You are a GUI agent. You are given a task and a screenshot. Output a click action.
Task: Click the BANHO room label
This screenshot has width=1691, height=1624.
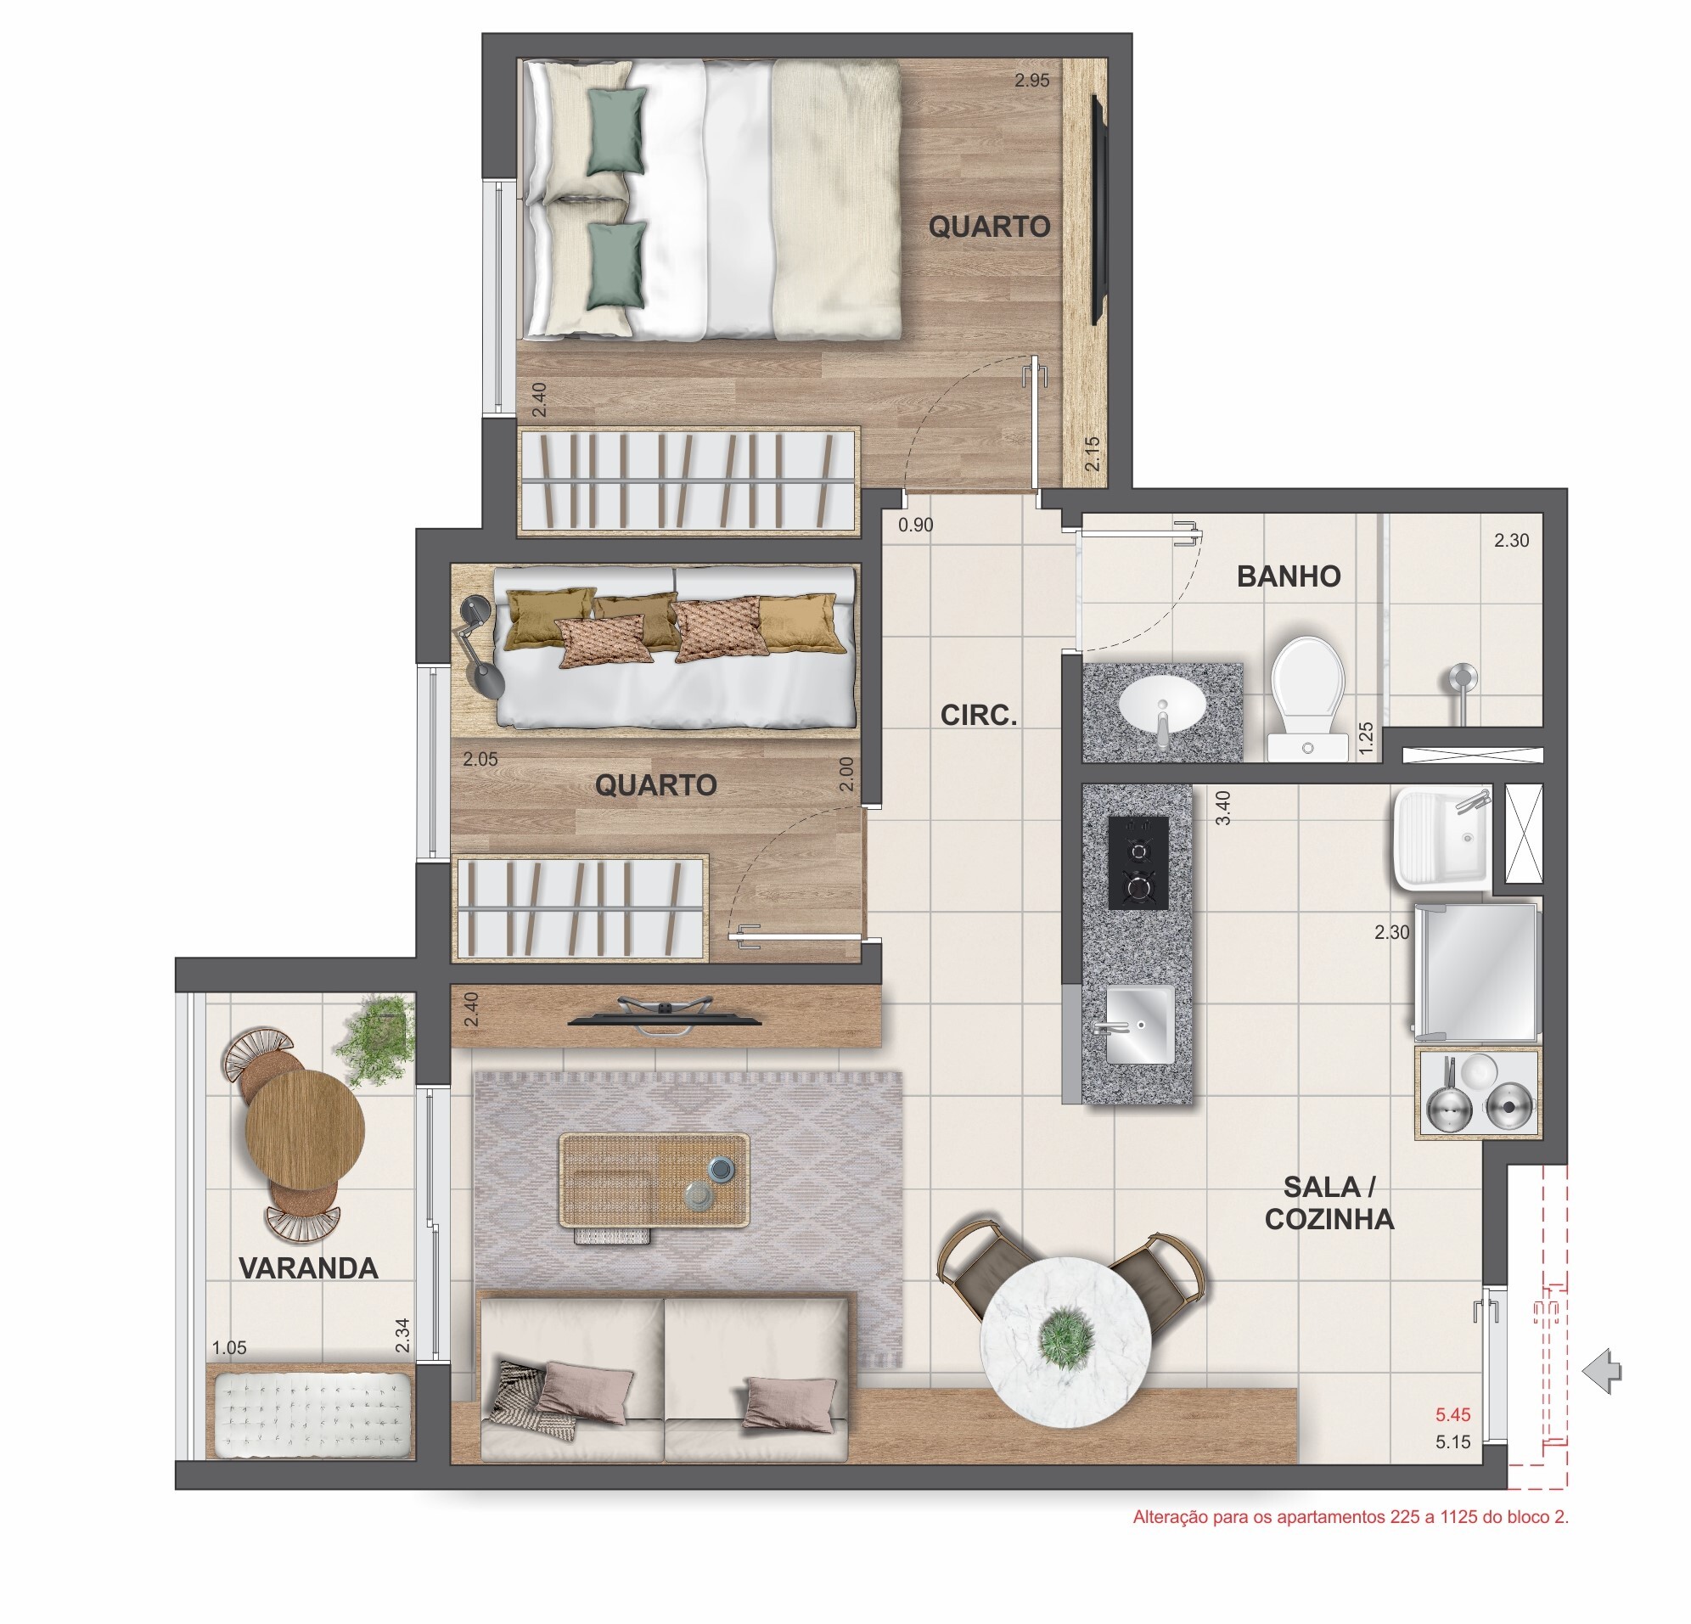coord(1288,576)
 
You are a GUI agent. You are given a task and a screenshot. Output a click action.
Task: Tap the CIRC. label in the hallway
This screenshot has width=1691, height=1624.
coord(979,716)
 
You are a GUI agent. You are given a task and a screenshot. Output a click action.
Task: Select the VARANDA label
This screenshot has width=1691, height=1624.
coord(308,1267)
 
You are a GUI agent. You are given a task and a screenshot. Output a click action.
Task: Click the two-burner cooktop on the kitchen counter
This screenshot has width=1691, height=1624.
coord(1138,862)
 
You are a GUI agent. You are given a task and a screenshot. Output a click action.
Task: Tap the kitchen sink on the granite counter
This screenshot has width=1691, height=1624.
coord(1139,1025)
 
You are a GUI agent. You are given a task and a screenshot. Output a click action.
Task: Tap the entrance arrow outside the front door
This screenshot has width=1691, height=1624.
coord(1603,1371)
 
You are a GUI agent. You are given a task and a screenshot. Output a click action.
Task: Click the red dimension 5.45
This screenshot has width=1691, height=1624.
coord(1452,1414)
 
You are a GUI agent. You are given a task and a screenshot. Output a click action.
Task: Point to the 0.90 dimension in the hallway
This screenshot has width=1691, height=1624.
coord(915,525)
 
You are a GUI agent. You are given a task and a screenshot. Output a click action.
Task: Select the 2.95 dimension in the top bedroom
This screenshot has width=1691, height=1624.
coord(1032,81)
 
